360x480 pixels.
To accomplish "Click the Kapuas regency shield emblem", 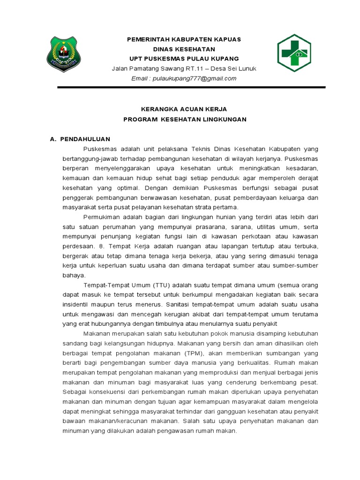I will tap(63, 54).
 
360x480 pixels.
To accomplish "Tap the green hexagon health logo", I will tap(294, 53).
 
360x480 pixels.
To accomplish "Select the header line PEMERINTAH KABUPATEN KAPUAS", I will tap(184, 39).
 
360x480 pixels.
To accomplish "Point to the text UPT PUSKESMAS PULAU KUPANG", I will tap(184, 59).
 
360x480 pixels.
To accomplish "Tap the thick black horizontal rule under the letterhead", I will tap(191, 87).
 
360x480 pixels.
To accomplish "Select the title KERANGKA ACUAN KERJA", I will tap(184, 108).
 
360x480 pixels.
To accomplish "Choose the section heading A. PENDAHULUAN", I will tap(80, 139).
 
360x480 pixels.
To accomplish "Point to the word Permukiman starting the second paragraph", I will tap(102, 217).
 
